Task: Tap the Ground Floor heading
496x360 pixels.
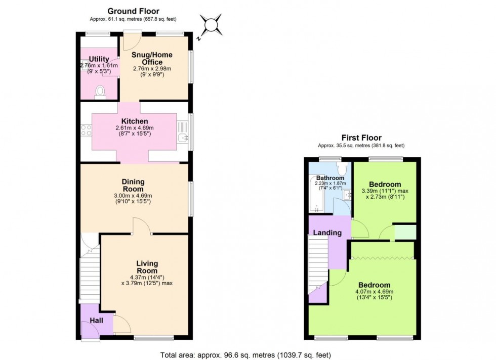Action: point(133,11)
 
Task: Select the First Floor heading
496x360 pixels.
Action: point(361,138)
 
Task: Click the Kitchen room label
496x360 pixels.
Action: point(134,121)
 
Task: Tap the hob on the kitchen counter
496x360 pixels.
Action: point(86,131)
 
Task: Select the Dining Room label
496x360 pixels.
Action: point(133,185)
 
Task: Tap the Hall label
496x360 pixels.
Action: point(96,320)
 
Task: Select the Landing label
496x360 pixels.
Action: point(327,233)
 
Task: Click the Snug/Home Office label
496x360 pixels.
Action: point(152,58)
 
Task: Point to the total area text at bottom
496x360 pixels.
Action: point(245,355)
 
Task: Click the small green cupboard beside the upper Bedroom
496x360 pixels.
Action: point(405,232)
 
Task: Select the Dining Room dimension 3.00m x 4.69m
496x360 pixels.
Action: point(133,196)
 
